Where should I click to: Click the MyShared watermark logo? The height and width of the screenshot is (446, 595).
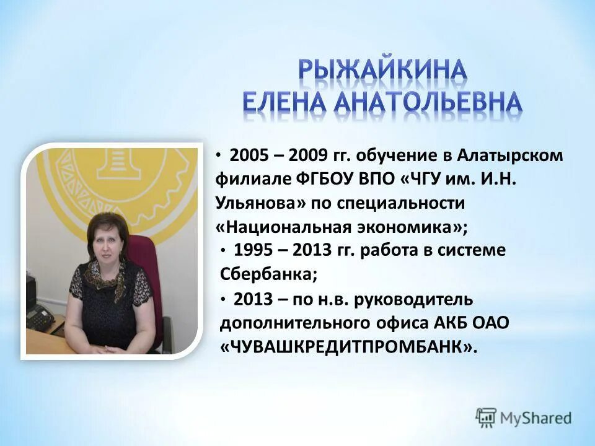524,417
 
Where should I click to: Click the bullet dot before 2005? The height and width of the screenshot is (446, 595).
218,154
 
